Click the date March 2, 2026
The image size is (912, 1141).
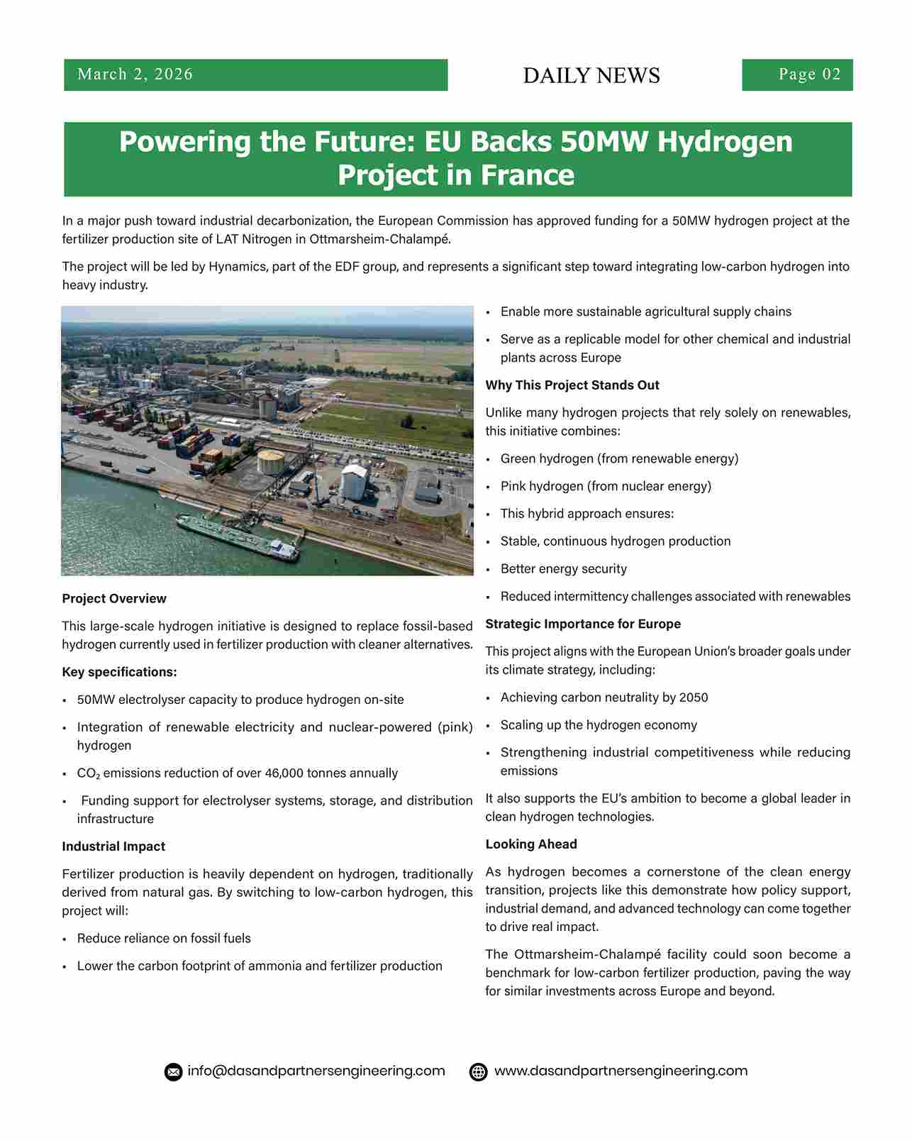pos(135,75)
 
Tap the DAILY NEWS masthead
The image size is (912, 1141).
pos(591,76)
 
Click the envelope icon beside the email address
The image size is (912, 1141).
pos(173,1071)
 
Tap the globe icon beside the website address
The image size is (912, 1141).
pos(479,1071)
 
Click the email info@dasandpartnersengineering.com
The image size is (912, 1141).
pos(316,1071)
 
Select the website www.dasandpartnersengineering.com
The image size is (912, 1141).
pos(621,1071)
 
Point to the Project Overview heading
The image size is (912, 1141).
pos(114,599)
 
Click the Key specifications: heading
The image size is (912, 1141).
pos(119,672)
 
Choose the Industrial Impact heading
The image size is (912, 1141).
pos(113,847)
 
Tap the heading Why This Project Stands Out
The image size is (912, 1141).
pos(572,385)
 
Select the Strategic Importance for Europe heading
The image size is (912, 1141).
pos(583,624)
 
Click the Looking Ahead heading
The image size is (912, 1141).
pos(531,844)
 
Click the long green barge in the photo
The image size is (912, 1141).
pos(238,536)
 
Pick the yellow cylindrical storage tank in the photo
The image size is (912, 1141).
pos(270,462)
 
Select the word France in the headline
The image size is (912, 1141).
pos(527,175)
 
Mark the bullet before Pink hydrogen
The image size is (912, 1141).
pos(488,487)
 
